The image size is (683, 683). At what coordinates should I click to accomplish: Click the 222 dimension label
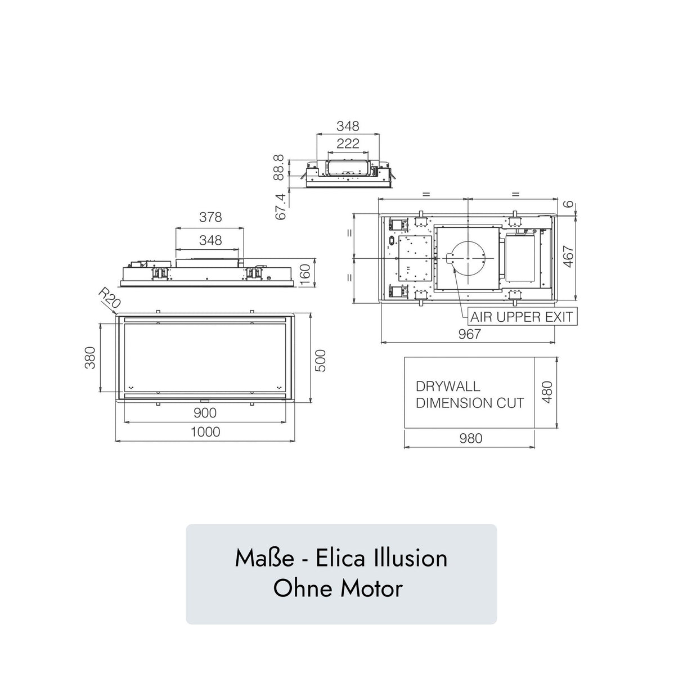click(348, 143)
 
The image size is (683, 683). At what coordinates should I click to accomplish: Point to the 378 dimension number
click(210, 217)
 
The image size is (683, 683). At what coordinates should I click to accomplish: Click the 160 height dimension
click(305, 275)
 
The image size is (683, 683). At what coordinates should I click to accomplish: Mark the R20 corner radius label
click(108, 298)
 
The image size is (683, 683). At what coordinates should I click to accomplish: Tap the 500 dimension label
click(320, 360)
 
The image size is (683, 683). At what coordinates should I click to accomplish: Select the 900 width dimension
click(205, 413)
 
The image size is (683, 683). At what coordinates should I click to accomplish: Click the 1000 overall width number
click(205, 432)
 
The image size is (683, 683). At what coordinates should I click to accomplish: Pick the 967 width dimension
click(469, 334)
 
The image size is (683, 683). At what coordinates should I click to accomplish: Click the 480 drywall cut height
click(547, 392)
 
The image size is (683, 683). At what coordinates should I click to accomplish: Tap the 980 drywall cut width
click(470, 438)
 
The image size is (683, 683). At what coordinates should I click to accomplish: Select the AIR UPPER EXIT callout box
click(522, 317)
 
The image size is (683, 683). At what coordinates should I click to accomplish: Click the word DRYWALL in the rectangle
click(448, 387)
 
